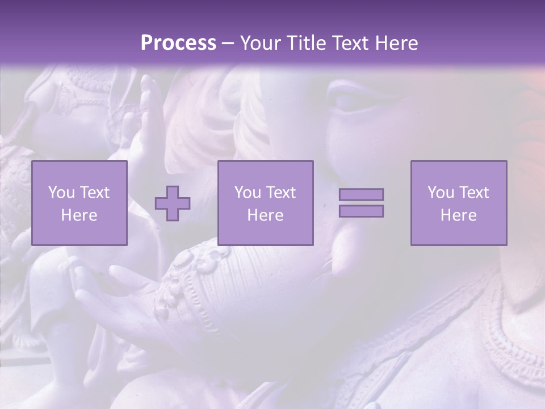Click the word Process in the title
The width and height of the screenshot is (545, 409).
(178, 43)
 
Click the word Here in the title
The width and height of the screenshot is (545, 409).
(397, 43)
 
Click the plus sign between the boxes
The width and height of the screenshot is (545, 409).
(173, 203)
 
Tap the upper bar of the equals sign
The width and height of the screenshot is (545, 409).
(361, 194)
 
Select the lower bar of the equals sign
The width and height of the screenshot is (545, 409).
(361, 211)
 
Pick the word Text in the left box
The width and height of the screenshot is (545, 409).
(95, 193)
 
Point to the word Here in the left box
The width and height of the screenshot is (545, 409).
(79, 215)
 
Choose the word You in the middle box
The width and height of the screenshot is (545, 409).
(248, 193)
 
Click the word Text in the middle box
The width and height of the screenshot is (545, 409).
(281, 193)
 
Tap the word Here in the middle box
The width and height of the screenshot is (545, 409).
(265, 215)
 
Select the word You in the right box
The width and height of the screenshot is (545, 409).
(441, 193)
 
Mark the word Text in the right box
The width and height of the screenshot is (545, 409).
(474, 193)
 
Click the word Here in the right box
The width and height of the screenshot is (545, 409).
(458, 215)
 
